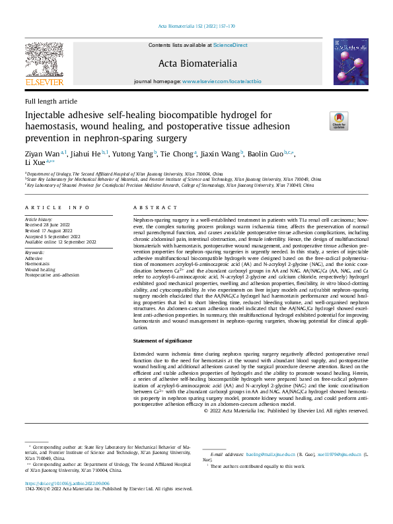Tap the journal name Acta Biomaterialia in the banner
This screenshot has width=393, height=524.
196,63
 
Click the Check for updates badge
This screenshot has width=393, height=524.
338,120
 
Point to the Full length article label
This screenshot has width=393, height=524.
51,102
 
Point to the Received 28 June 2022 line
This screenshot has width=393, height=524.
52,224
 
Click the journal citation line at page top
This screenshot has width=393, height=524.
196,26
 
